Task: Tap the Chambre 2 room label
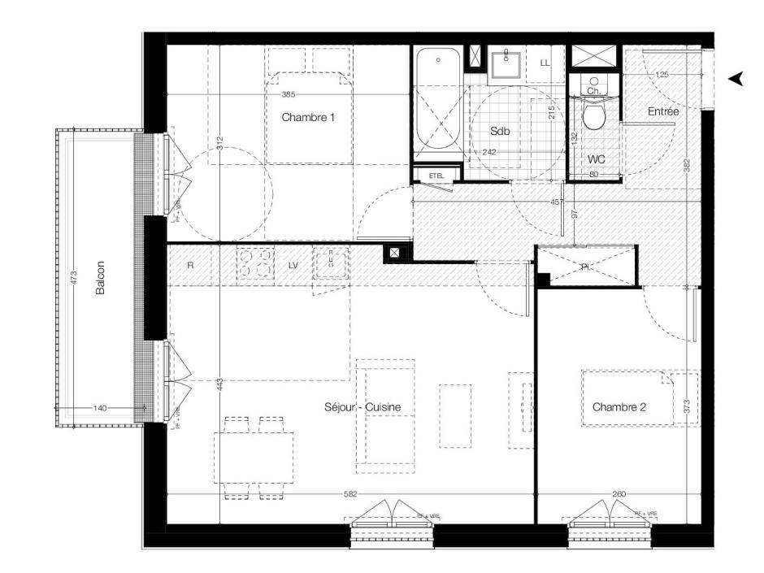point(619,406)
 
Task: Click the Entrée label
point(662,111)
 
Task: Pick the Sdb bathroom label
point(499,131)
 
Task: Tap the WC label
point(597,159)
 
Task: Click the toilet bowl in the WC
point(595,116)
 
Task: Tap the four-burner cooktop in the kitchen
point(256,264)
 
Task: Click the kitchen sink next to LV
point(330,263)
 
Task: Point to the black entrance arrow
point(736,78)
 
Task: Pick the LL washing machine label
point(545,63)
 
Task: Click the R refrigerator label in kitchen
point(189,264)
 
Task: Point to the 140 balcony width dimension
point(98,408)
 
